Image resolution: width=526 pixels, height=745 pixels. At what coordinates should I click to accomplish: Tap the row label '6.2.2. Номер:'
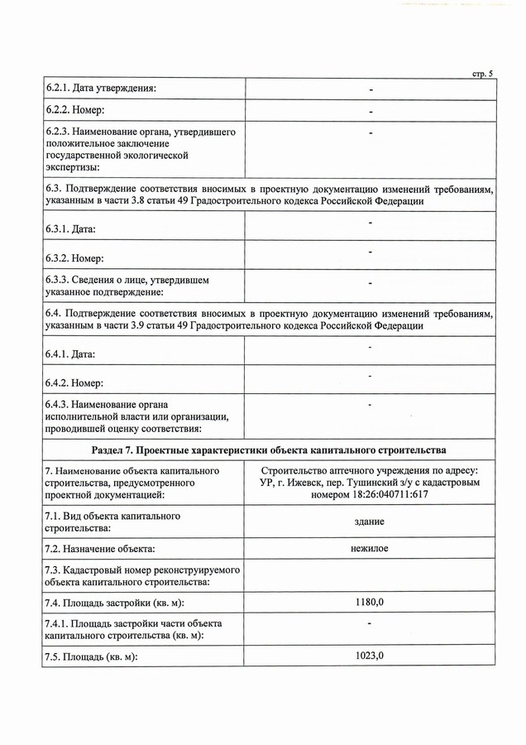click(75, 110)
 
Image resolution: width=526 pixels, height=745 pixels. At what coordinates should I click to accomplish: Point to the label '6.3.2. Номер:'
click(75, 254)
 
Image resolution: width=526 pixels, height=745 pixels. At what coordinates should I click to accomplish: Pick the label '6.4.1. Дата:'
click(71, 354)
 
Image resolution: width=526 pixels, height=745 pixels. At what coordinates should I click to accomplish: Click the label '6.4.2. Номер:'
click(75, 382)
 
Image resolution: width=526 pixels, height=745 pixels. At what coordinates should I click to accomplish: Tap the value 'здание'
click(370, 521)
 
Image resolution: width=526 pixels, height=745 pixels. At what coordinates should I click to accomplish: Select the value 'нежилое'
click(370, 548)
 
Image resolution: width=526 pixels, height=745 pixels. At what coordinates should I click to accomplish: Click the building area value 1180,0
click(370, 602)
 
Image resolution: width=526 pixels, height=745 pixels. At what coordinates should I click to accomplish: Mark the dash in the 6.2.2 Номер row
click(371, 111)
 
